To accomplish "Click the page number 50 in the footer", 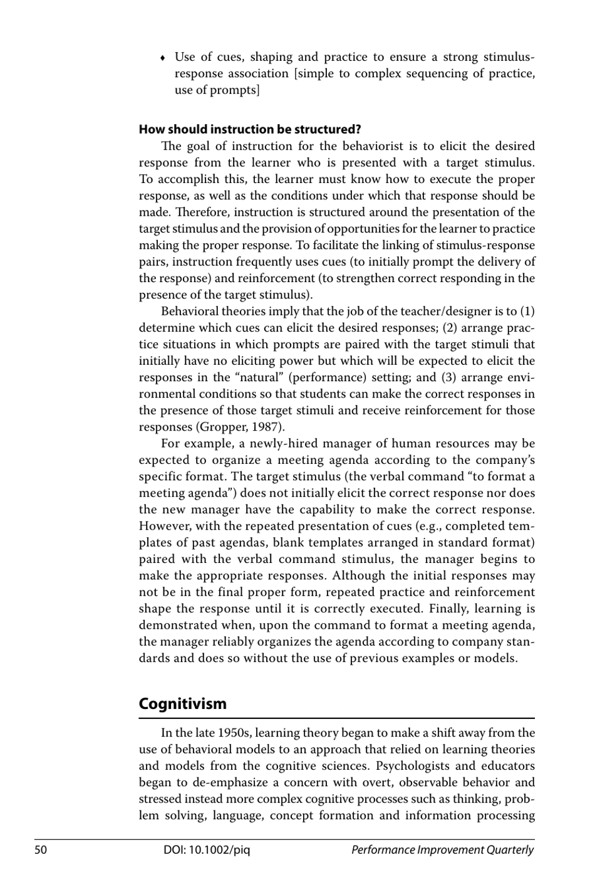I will coord(41,850).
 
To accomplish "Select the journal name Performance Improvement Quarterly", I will coord(442,850).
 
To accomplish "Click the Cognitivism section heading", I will coord(182,703).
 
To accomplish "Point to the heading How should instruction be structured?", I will coord(249,130).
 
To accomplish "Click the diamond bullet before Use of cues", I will coord(163,58).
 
